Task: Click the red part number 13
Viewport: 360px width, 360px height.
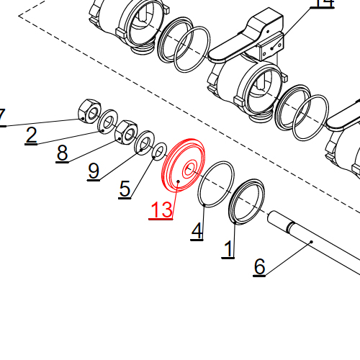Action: pos(161,210)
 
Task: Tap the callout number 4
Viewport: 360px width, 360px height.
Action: pos(197,231)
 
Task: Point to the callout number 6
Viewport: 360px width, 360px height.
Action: pos(260,266)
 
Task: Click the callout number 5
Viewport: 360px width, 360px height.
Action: pos(125,189)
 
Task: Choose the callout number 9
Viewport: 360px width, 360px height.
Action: pos(94,171)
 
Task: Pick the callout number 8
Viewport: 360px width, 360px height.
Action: pos(62,153)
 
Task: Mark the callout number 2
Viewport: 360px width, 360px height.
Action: pos(31,135)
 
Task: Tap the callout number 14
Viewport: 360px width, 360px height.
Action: pos(323,4)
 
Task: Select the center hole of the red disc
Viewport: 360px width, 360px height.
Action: pos(189,170)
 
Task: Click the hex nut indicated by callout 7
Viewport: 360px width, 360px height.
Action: pos(87,109)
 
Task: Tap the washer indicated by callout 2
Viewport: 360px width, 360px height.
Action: pos(108,122)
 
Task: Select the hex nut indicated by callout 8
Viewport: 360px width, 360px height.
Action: pos(127,131)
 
